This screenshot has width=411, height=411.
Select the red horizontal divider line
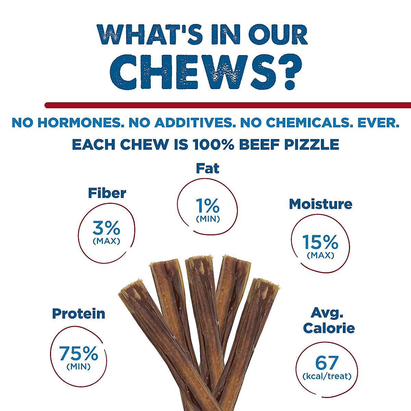[x=228, y=105]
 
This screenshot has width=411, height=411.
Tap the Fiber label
[x=107, y=193]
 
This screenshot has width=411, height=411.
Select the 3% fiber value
[x=106, y=227]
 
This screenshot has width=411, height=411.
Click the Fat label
[x=208, y=169]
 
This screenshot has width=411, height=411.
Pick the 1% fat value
[x=208, y=206]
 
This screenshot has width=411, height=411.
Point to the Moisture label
[x=320, y=204]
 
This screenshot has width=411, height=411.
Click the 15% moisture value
[x=320, y=242]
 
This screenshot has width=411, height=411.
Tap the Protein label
[x=78, y=314]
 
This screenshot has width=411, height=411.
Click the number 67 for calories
[x=327, y=363]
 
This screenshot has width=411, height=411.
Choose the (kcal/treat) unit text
[x=327, y=376]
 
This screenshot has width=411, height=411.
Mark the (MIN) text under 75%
[x=78, y=367]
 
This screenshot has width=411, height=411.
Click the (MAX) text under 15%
[x=320, y=255]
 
